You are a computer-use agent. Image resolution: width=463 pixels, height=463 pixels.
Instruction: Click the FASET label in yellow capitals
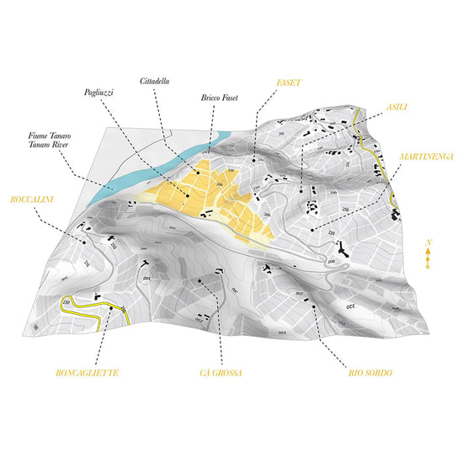coord(290,84)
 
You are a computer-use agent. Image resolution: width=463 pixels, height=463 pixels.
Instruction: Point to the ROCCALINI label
coord(32,200)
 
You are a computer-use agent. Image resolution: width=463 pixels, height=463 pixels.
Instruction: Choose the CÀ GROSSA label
coord(221,371)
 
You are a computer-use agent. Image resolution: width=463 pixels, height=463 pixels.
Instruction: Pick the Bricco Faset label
coord(220,98)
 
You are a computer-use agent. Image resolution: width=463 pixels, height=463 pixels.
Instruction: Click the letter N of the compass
coord(428,242)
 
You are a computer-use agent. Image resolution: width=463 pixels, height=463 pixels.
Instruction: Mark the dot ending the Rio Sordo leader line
coord(313,306)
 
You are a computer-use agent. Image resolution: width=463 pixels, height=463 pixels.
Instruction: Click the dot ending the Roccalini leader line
coord(84,242)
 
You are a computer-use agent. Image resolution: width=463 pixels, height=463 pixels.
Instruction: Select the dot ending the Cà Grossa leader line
coord(199,280)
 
